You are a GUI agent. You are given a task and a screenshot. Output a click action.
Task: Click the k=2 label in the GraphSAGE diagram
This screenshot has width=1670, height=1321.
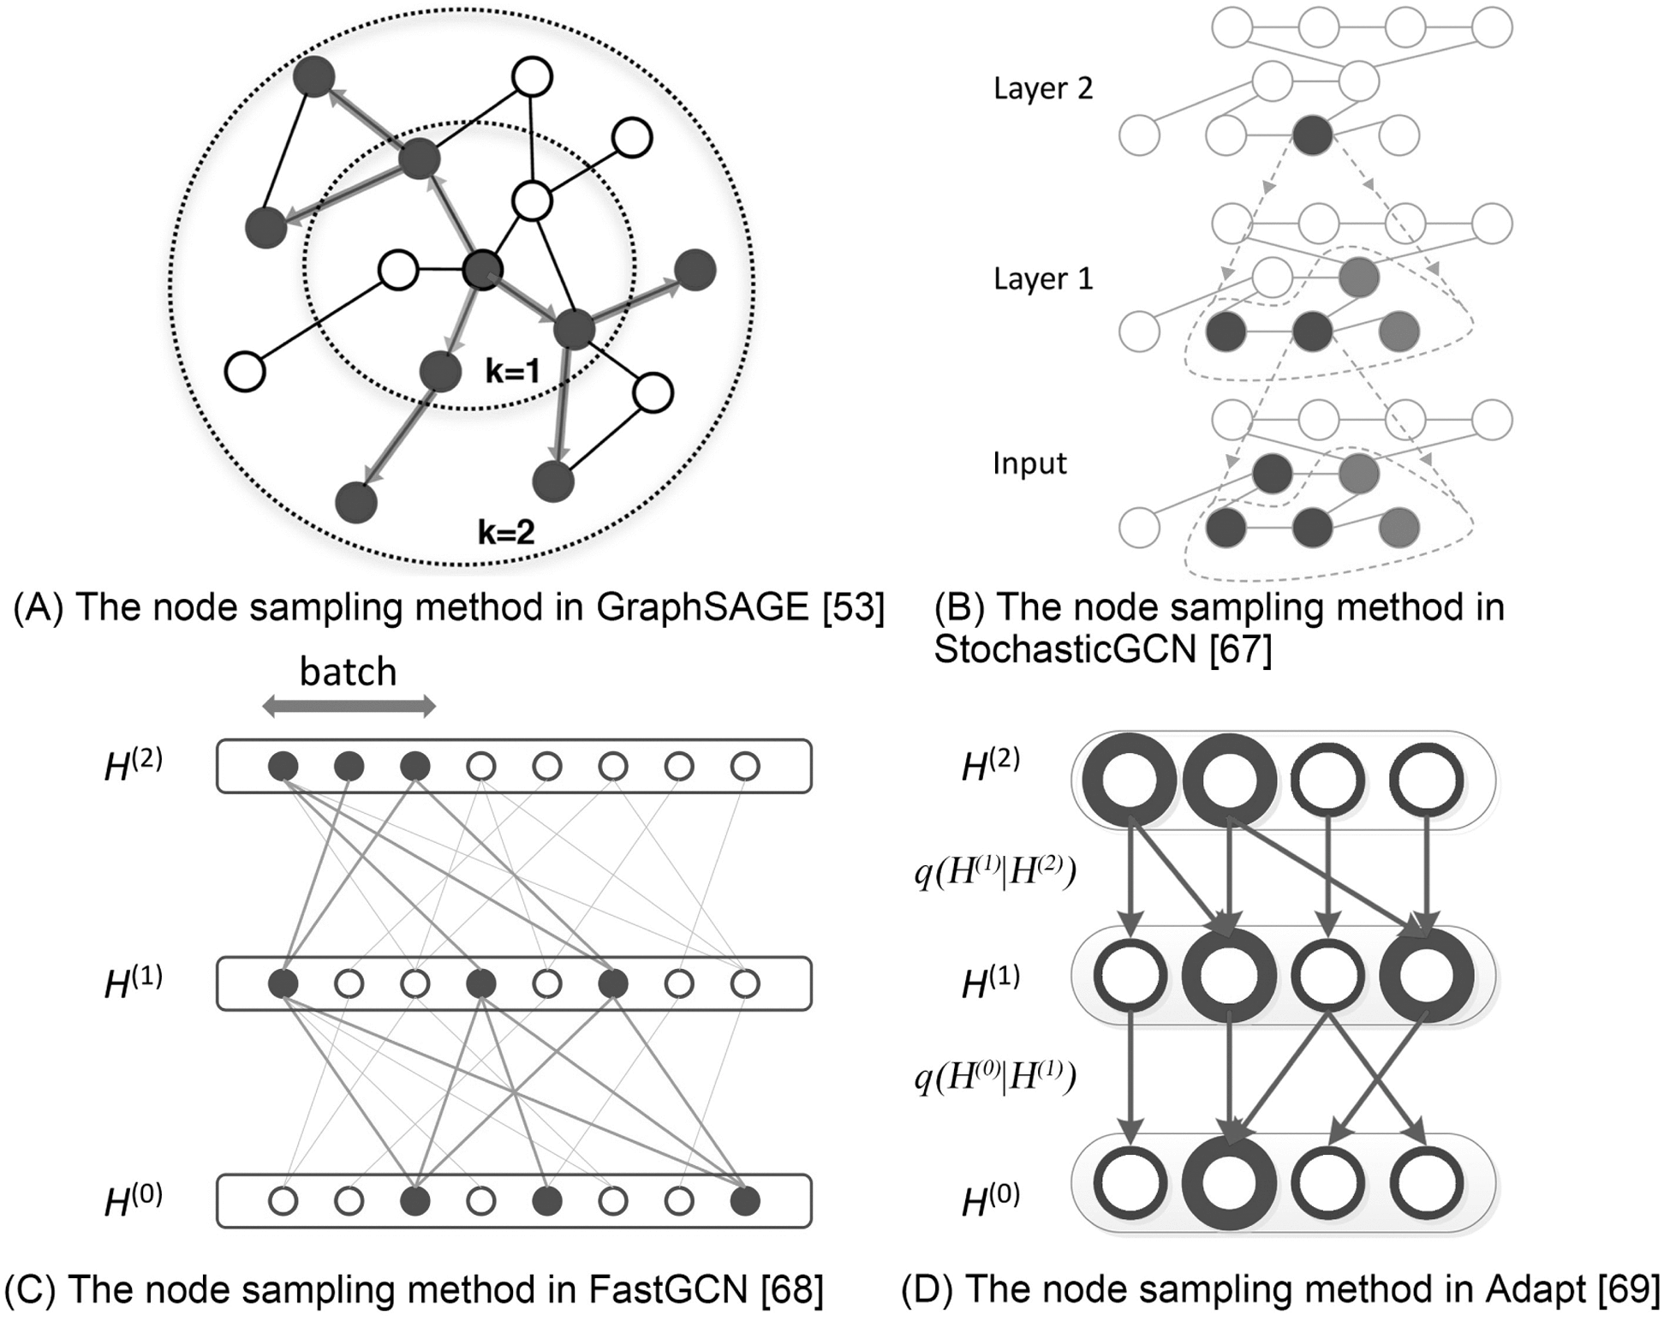click(x=506, y=532)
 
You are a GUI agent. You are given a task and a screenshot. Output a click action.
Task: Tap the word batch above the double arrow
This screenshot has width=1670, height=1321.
click(x=348, y=672)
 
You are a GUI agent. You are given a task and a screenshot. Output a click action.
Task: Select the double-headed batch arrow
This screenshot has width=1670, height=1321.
click(x=349, y=707)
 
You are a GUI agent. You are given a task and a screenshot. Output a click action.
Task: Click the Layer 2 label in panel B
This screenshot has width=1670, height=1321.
click(x=1042, y=89)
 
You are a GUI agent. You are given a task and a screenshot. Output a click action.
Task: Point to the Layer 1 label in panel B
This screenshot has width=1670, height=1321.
click(x=1042, y=279)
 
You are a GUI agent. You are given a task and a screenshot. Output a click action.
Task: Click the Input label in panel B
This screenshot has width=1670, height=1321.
click(x=1029, y=463)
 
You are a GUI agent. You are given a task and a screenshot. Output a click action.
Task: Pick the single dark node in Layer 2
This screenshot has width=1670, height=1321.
click(x=1312, y=135)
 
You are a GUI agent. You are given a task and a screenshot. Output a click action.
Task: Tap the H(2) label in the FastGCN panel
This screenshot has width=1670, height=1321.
click(x=133, y=765)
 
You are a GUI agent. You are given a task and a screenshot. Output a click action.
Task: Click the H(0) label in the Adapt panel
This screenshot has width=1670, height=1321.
click(x=990, y=1199)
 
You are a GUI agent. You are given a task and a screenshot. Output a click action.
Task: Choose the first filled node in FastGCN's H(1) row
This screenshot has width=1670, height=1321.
click(x=283, y=983)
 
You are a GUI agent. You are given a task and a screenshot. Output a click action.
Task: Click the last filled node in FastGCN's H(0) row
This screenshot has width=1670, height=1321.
click(x=745, y=1201)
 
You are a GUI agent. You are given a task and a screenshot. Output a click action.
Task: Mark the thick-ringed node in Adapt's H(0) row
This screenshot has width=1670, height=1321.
click(x=1229, y=1184)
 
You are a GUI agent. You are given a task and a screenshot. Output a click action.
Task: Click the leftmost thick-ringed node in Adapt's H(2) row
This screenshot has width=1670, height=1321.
click(x=1130, y=780)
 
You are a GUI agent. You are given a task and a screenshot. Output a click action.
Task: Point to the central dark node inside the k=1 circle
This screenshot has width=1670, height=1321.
click(x=482, y=271)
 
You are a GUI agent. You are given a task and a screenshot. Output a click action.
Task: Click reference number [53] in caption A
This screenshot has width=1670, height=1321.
click(x=853, y=607)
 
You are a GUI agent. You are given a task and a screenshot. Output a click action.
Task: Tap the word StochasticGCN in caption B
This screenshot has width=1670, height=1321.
click(x=1065, y=649)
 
